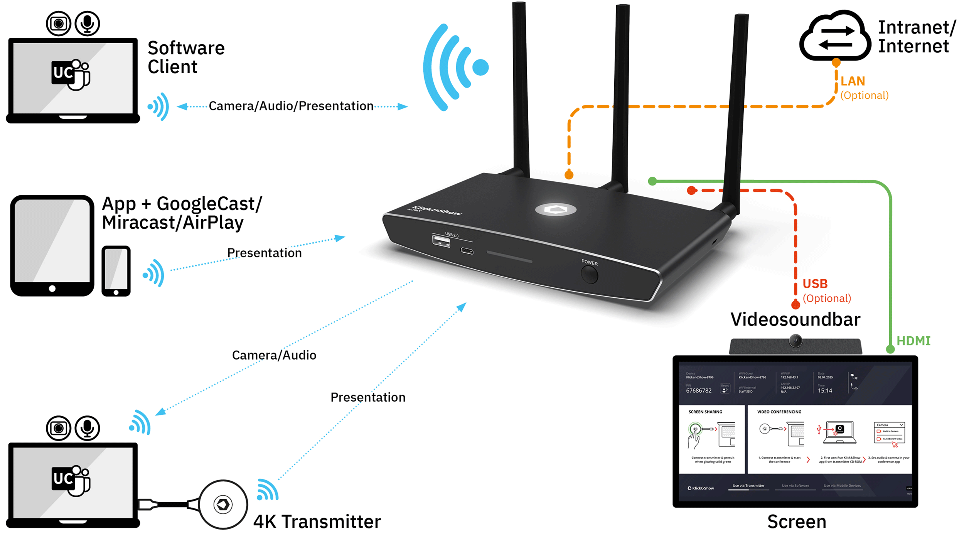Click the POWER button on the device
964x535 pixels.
589,275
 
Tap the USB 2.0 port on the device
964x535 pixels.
441,242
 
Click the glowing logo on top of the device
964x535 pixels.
556,209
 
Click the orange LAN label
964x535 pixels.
853,81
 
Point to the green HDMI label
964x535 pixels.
913,341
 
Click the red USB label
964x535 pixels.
815,284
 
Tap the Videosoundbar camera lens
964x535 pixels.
795,341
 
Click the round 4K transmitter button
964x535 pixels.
223,504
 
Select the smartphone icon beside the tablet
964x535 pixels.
116,271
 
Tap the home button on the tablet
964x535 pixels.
52,289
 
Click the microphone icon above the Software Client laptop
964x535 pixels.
87,24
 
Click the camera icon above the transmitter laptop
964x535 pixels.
59,428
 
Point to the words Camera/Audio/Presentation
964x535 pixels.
291,106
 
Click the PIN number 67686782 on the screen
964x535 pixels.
699,391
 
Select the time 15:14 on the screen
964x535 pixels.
825,391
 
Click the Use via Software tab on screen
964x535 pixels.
795,486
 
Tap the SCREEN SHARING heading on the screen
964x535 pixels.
705,412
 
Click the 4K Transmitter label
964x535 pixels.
317,521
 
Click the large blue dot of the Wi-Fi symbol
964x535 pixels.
480,68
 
